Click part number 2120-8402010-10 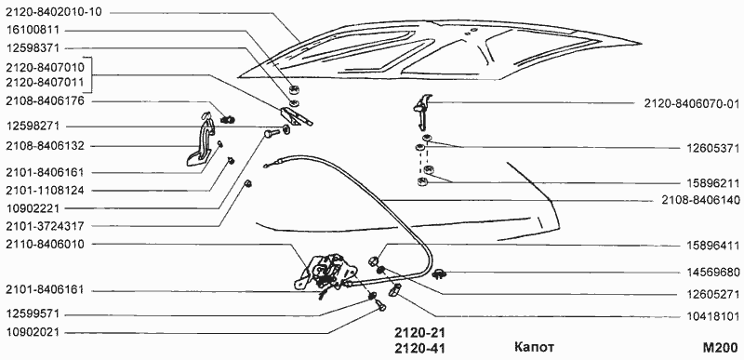pos(54,12)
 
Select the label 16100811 pos(33,31)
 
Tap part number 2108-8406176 pos(45,101)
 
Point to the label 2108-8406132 pos(45,146)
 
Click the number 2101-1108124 pos(45,190)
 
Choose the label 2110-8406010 pos(45,245)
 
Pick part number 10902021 pos(33,332)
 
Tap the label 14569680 pos(713,273)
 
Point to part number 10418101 pos(713,316)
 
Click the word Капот pos(534,347)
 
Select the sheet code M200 pos(720,347)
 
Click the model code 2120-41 pos(419,349)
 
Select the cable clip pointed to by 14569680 pos(439,273)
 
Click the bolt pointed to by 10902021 pos(380,304)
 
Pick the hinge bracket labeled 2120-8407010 pos(296,116)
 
